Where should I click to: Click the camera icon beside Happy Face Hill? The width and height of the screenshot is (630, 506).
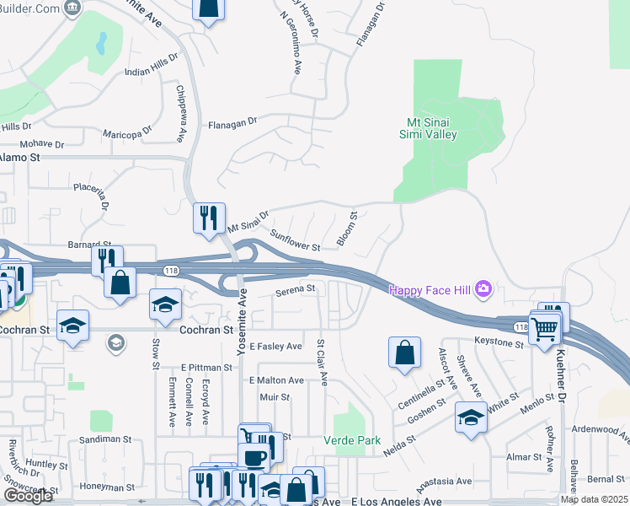pyautogui.click(x=483, y=289)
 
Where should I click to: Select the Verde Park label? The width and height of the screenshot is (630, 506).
pyautogui.click(x=352, y=440)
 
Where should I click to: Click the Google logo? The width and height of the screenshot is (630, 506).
pyautogui.click(x=28, y=496)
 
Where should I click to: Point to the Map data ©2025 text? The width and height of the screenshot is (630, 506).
pyautogui.click(x=594, y=499)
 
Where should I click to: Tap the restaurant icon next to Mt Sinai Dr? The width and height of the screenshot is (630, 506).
pyautogui.click(x=207, y=218)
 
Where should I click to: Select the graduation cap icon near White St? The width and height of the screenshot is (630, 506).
pyautogui.click(x=471, y=417)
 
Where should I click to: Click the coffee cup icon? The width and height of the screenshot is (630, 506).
pyautogui.click(x=253, y=456)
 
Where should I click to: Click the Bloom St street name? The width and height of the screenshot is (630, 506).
pyautogui.click(x=347, y=229)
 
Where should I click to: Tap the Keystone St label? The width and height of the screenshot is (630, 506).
pyautogui.click(x=499, y=342)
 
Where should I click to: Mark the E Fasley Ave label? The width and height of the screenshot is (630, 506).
pyautogui.click(x=275, y=347)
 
